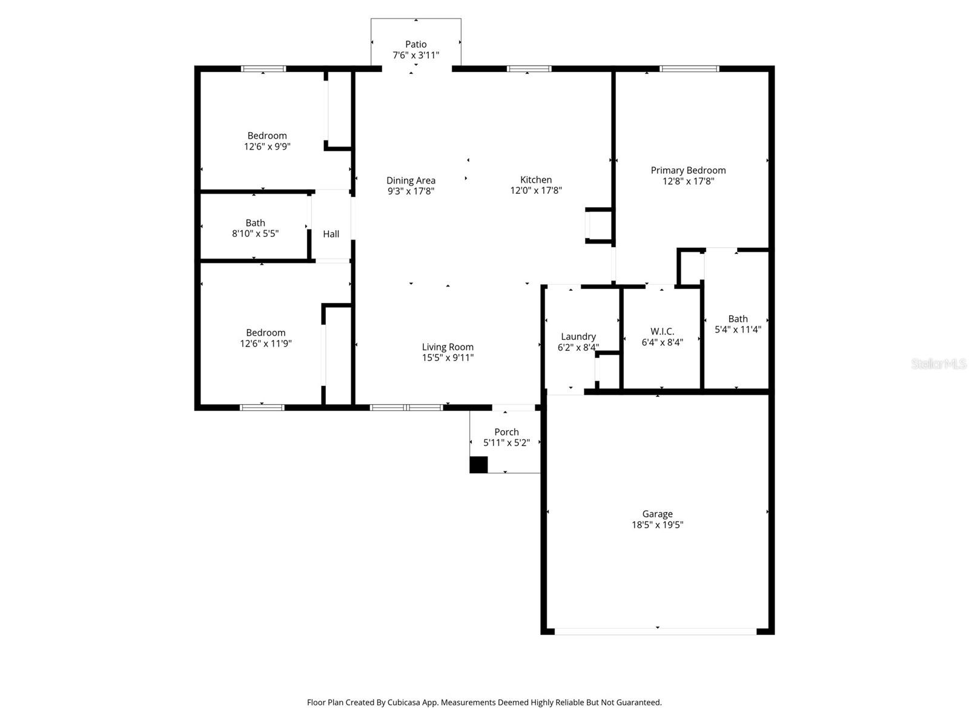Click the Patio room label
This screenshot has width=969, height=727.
pos(415,44)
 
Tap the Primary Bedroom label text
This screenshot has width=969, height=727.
pos(688,170)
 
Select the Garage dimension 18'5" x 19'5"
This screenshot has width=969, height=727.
pos(657,525)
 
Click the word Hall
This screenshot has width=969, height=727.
pos(331,234)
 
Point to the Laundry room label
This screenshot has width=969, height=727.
pos(578,337)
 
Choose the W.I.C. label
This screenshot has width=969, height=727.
pos(662,331)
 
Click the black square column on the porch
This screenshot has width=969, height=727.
pos(478,465)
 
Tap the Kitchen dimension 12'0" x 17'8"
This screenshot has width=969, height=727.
pos(536,190)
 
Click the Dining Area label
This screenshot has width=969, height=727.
pos(411,181)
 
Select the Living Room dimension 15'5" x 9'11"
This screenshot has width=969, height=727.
pos(448,358)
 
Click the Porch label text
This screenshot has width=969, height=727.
pos(506,432)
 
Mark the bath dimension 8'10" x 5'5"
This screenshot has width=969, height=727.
pos(255,233)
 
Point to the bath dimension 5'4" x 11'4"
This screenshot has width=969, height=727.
pos(738,330)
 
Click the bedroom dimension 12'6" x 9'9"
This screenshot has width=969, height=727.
pos(267,146)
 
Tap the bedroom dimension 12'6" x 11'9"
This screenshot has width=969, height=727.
pos(266,344)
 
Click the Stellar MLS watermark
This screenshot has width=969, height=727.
pos(938,364)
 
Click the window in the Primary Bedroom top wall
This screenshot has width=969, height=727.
pos(689,69)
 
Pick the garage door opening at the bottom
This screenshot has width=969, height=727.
pos(655,631)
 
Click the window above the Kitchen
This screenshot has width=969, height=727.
pos(529,69)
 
